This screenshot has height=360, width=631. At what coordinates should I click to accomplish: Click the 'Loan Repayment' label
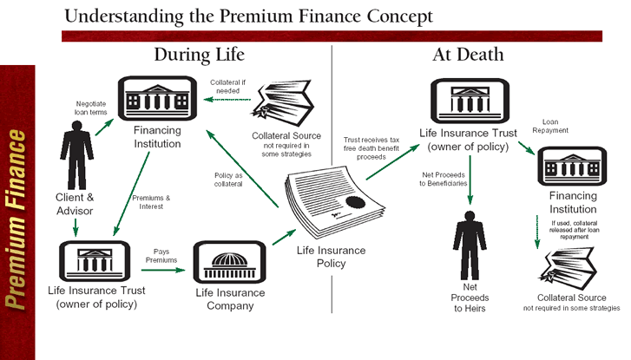click(x=556, y=127)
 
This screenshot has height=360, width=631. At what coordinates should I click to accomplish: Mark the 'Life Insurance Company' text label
click(x=230, y=299)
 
